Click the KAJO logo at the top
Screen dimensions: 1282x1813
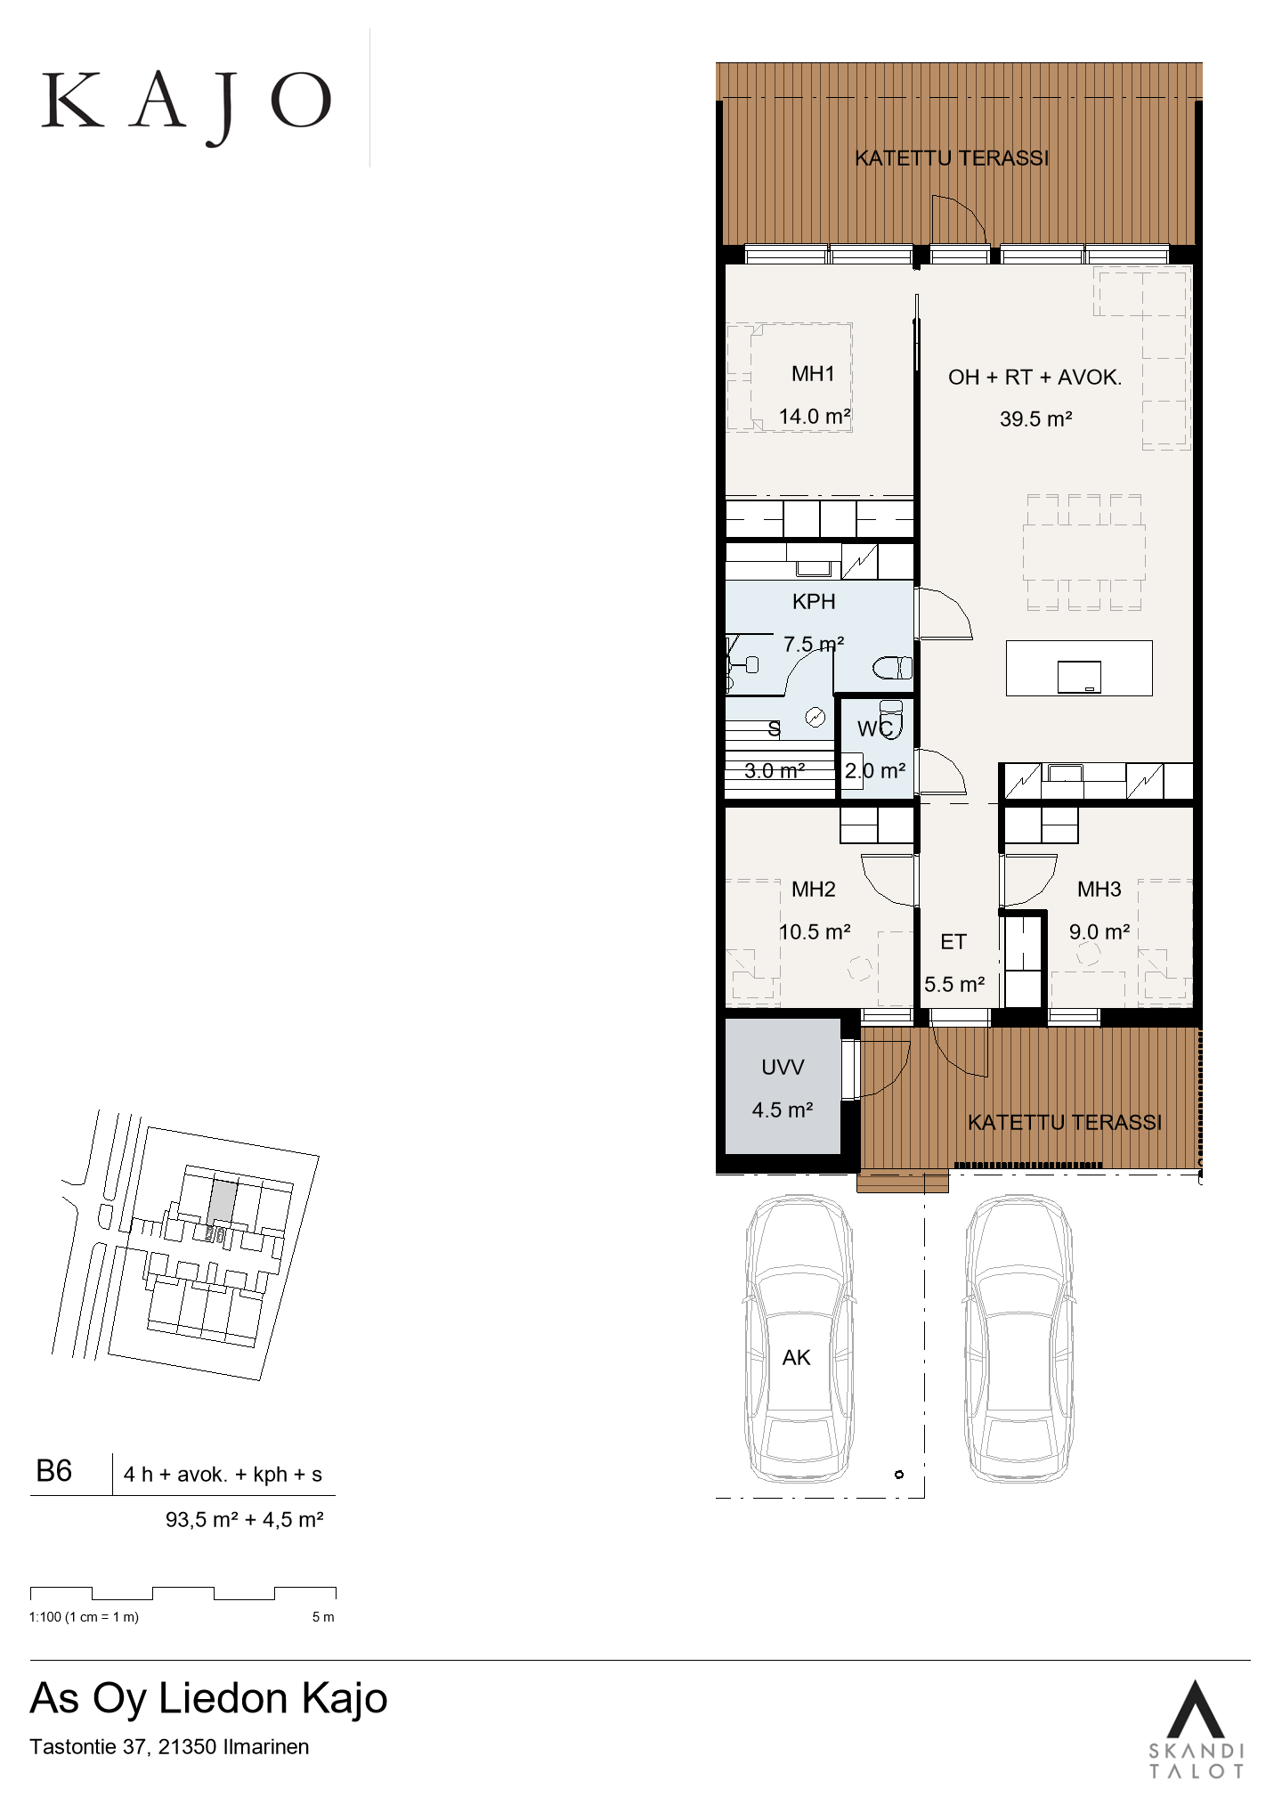click(186, 106)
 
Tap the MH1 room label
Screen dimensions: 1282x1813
click(813, 374)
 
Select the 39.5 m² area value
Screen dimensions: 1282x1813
click(1035, 419)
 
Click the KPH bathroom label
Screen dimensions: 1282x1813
click(814, 602)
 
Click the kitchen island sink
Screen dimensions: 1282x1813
click(1079, 677)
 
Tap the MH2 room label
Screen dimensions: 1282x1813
click(814, 889)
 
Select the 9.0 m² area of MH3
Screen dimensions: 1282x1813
click(1099, 932)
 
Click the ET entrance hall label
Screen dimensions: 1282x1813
click(953, 942)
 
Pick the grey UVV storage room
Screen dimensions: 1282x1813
click(783, 1086)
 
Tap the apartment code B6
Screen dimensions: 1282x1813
click(53, 1470)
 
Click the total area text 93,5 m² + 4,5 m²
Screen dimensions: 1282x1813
click(244, 1520)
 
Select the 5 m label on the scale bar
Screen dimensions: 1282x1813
click(323, 1616)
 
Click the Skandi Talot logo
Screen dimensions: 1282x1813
click(1196, 1728)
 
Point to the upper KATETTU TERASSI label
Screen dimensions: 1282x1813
click(952, 159)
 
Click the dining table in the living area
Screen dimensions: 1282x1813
click(1083, 553)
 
